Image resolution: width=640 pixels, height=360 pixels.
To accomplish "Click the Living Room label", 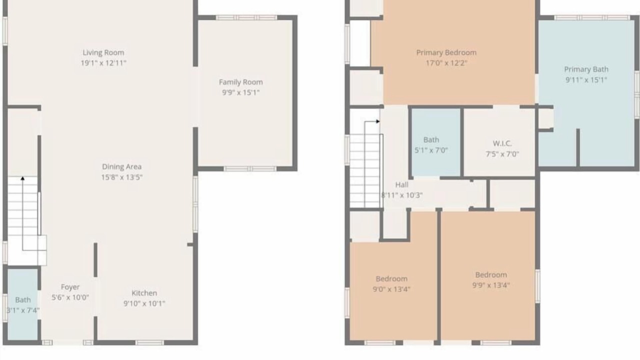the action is (103, 52).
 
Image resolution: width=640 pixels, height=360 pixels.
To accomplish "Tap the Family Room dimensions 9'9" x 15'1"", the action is (241, 92).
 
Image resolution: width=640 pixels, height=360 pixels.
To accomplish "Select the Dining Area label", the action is (121, 166).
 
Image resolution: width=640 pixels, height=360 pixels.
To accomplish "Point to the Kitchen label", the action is (144, 293).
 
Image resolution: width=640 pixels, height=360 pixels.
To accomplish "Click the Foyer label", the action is (70, 287).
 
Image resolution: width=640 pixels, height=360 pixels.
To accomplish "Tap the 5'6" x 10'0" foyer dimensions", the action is (70, 297).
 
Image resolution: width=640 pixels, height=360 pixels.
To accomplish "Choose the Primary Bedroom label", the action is (446, 52).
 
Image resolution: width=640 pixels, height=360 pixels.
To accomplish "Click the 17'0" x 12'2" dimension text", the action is (446, 63).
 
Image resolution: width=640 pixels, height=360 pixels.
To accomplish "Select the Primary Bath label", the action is (586, 69).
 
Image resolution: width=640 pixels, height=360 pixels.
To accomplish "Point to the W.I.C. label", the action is (502, 143).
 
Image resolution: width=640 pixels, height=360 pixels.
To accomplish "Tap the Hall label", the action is (401, 185).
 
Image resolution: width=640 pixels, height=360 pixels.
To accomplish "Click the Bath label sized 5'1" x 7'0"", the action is (431, 139).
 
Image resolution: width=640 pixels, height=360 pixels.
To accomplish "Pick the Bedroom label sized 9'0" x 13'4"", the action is (391, 278).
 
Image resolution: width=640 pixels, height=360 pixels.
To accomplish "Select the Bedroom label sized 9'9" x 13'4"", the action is (491, 275).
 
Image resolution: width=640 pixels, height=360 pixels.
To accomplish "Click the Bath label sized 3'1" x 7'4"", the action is (23, 300).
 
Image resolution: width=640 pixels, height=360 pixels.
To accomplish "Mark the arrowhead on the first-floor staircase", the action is (22, 178).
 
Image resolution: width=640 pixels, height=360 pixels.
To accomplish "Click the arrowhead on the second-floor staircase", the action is (378, 121).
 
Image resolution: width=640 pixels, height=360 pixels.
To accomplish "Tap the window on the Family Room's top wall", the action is (246, 17).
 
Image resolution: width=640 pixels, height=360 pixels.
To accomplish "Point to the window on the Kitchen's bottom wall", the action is (149, 342).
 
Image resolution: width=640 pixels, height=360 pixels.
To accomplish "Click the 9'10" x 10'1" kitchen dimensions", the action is (144, 303).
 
